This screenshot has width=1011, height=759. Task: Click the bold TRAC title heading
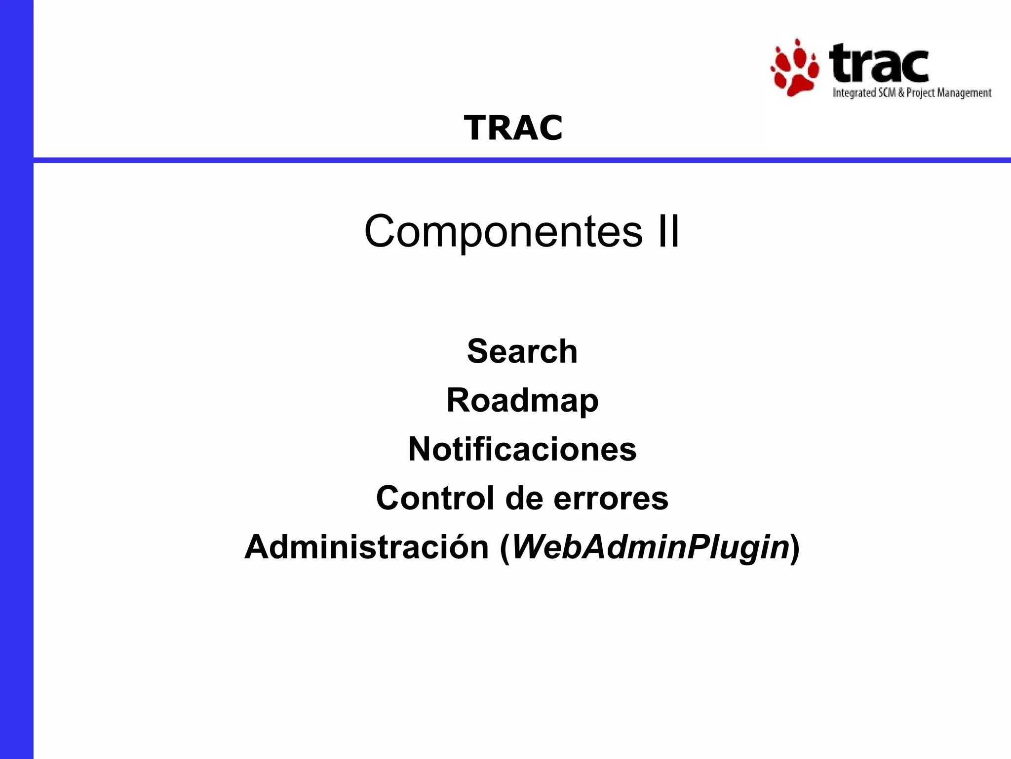513,128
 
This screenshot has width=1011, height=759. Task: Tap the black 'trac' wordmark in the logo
879,63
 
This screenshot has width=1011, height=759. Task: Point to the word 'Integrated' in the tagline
854,93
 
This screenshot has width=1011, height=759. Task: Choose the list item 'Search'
522,351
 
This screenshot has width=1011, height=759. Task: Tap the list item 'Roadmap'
522,400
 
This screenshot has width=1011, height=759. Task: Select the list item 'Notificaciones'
522,449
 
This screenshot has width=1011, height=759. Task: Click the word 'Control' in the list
435,498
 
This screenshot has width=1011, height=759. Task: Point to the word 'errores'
611,498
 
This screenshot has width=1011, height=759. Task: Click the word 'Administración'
366,548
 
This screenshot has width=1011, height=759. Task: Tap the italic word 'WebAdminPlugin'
650,548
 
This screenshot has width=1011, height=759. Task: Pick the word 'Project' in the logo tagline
921,93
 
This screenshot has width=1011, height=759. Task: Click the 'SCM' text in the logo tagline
887,93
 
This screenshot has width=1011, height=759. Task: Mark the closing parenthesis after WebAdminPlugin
795,548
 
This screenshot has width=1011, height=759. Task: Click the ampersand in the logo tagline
901,93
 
